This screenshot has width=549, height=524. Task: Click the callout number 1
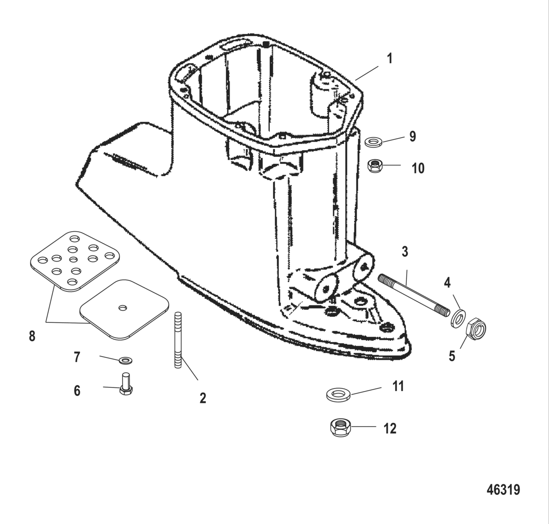pos(390,59)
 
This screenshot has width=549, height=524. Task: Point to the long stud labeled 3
pos(412,293)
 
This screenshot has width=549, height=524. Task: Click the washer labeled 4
pos(458,318)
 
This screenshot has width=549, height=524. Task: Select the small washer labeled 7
pos(125,360)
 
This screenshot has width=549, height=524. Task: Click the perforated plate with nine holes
pos(73,258)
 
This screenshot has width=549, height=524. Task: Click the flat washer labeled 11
pos(339,394)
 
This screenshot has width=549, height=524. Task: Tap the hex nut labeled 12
pos(340,427)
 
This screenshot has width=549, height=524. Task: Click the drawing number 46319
pos(503,490)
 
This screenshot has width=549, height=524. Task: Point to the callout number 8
pos(32,336)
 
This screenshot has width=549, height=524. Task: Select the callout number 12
pos(390,428)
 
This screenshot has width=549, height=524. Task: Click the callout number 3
pos(405,252)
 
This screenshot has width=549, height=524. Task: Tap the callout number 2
pos(202,398)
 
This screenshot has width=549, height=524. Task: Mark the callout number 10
pos(418,168)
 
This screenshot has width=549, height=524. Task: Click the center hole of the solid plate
pos(123,307)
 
